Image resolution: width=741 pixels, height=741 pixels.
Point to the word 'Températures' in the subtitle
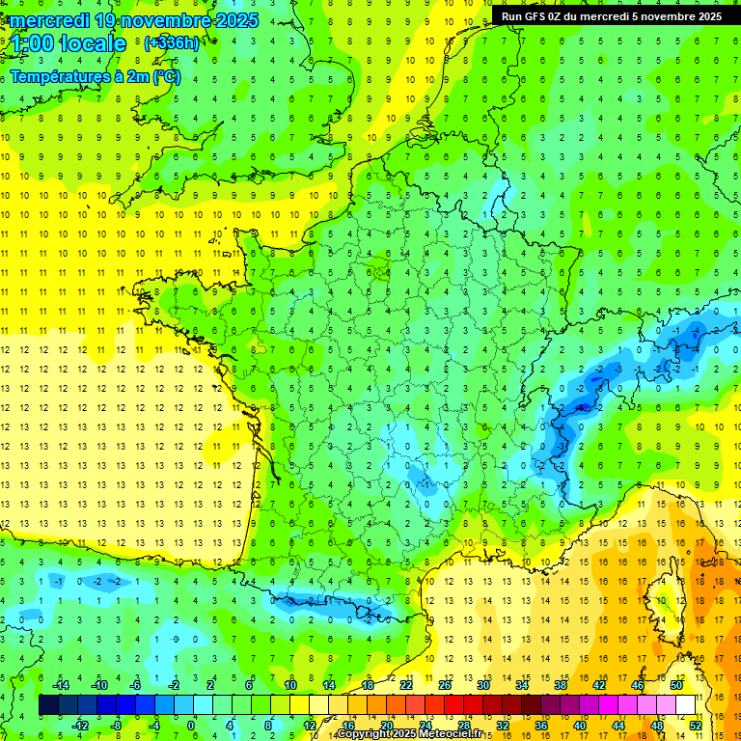tap(60, 77)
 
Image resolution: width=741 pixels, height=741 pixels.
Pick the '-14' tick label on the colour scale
tap(60, 685)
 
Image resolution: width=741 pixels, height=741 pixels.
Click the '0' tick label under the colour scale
tap(191, 726)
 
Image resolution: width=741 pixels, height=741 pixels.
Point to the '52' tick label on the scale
tap(696, 726)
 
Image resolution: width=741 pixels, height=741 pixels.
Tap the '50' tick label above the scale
tap(676, 685)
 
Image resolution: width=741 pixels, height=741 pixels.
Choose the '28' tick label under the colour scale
tap(464, 726)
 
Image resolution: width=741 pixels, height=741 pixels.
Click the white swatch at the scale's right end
tap(686, 705)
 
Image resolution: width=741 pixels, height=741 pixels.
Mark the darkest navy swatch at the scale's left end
tap(49, 705)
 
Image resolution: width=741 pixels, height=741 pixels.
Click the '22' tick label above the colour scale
tap(406, 685)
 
